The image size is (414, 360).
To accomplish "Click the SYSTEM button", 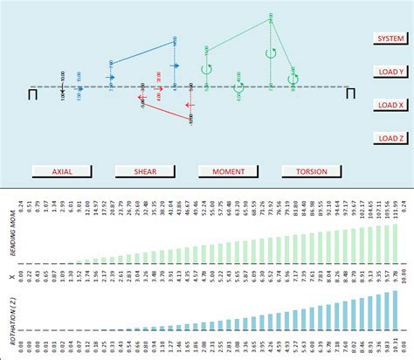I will coord(390,39).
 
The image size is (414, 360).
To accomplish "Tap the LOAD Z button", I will coord(390,138).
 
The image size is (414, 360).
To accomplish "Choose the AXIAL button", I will coord(62,171).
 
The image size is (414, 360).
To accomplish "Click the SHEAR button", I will coord(145,171).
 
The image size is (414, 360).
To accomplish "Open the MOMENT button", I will coord(229,171).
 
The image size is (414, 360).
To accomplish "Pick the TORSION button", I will coord(312,171).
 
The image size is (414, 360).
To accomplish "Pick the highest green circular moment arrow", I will coord(271,52).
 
